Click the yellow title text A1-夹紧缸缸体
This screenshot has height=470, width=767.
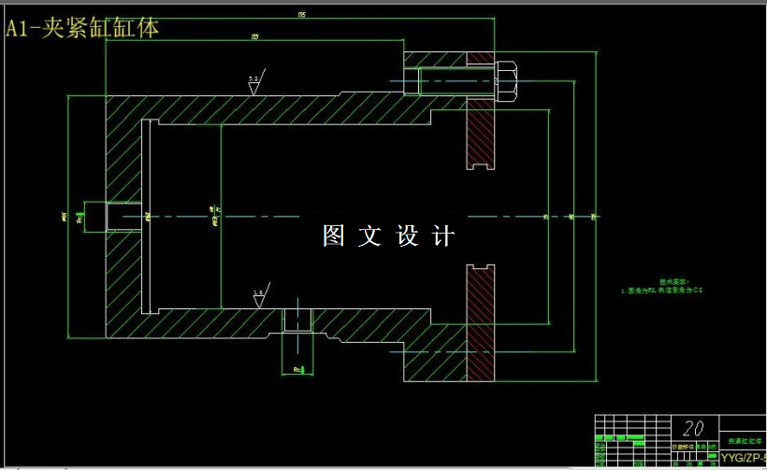(82, 28)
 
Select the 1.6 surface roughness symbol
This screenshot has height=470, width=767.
(258, 295)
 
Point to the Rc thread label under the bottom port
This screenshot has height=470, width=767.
(297, 369)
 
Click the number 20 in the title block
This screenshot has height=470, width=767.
(693, 428)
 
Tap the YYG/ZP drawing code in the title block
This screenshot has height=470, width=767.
(743, 457)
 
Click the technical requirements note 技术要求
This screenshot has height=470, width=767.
(673, 280)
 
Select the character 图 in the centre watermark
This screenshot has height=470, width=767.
(334, 236)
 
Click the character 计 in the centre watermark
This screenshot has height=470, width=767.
(443, 236)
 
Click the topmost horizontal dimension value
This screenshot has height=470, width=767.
(301, 15)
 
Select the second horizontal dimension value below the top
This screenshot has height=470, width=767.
(254, 36)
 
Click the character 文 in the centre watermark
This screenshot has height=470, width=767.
(370, 236)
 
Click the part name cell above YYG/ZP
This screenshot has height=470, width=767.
(745, 439)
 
